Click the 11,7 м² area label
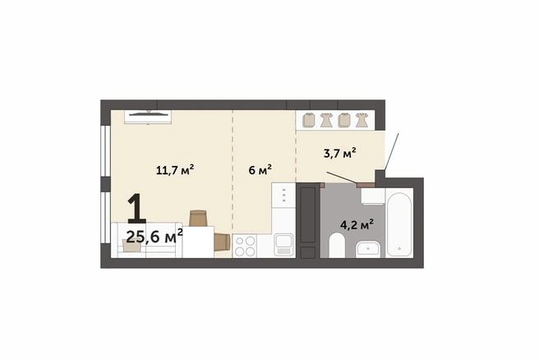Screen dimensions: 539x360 click(x=175, y=169)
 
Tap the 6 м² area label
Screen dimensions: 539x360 click(x=260, y=169)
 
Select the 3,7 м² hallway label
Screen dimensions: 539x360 click(x=339, y=153)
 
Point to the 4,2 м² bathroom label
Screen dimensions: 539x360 click(x=357, y=225)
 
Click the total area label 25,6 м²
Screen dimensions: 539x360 click(x=154, y=237)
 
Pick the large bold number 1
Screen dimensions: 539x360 click(x=137, y=209)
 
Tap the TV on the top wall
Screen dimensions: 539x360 click(x=148, y=117)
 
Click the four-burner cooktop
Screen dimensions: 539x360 click(x=245, y=246)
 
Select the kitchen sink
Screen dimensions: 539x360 click(x=283, y=245)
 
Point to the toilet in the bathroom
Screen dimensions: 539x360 click(x=337, y=245)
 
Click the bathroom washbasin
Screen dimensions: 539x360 click(x=368, y=248)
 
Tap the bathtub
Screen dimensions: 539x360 click(x=399, y=223)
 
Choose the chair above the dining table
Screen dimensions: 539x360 click(x=198, y=219)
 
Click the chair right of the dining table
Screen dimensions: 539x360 click(x=222, y=242)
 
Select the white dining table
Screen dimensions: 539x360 click(x=198, y=242)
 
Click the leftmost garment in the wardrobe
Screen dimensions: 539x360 click(x=309, y=120)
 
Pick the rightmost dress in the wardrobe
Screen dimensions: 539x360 click(x=362, y=120)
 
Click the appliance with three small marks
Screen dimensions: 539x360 click(x=283, y=195)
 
